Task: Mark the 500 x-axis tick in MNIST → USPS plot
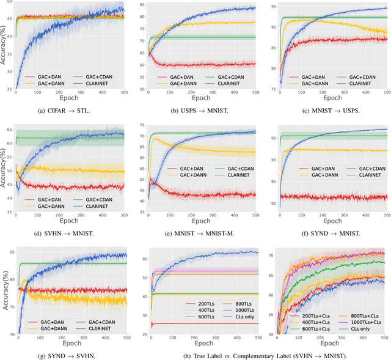pyautogui.click(x=387, y=93)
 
